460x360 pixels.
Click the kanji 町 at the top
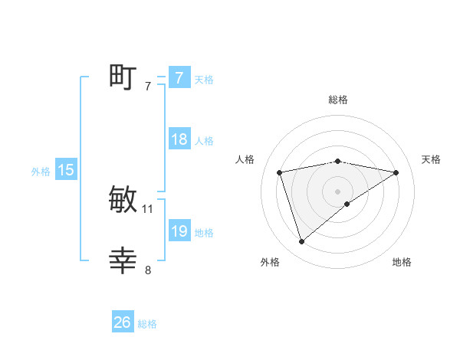click(x=123, y=77)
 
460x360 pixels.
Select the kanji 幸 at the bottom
click(x=123, y=261)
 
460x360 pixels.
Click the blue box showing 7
click(x=179, y=78)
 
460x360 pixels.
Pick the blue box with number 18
click(x=179, y=139)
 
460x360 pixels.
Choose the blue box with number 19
click(x=179, y=231)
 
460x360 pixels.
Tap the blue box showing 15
click(x=66, y=170)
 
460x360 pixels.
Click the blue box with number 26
click(x=123, y=322)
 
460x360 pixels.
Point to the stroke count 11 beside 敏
click(x=148, y=208)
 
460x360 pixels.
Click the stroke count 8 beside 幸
click(x=148, y=270)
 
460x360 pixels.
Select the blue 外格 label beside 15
click(x=41, y=172)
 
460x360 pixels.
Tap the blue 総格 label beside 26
click(x=147, y=324)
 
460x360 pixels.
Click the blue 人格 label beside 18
click(x=204, y=141)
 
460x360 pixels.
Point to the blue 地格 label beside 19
click(x=204, y=233)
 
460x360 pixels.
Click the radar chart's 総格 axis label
click(x=337, y=100)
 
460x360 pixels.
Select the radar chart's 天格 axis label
click(x=431, y=159)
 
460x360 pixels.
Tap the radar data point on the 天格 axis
click(x=396, y=172)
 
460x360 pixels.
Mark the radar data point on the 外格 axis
click(x=301, y=242)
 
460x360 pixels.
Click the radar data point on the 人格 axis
click(x=279, y=172)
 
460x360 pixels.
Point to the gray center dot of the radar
click(x=337, y=191)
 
